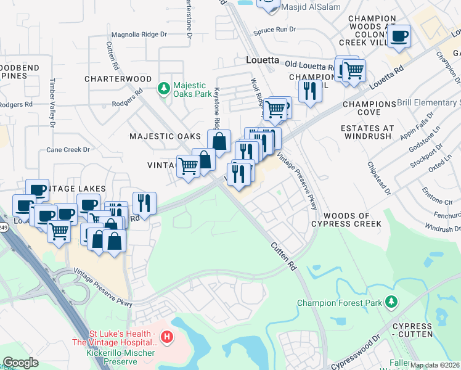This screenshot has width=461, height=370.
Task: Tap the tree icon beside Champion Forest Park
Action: pyautogui.click(x=390, y=302)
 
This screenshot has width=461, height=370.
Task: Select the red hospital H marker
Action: pyautogui.click(x=166, y=337)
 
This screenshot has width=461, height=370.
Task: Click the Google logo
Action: pyautogui.click(x=20, y=363)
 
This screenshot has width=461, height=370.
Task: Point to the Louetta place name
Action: pyautogui.click(x=263, y=61)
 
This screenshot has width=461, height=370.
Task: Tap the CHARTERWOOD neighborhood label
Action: pyautogui.click(x=118, y=79)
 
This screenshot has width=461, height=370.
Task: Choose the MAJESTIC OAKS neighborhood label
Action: pyautogui.click(x=165, y=136)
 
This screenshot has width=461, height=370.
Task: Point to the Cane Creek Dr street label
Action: pyautogui.click(x=68, y=150)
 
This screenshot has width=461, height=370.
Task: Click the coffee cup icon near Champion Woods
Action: pyautogui.click(x=399, y=36)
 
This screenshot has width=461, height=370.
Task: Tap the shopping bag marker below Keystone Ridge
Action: pyautogui.click(x=219, y=141)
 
